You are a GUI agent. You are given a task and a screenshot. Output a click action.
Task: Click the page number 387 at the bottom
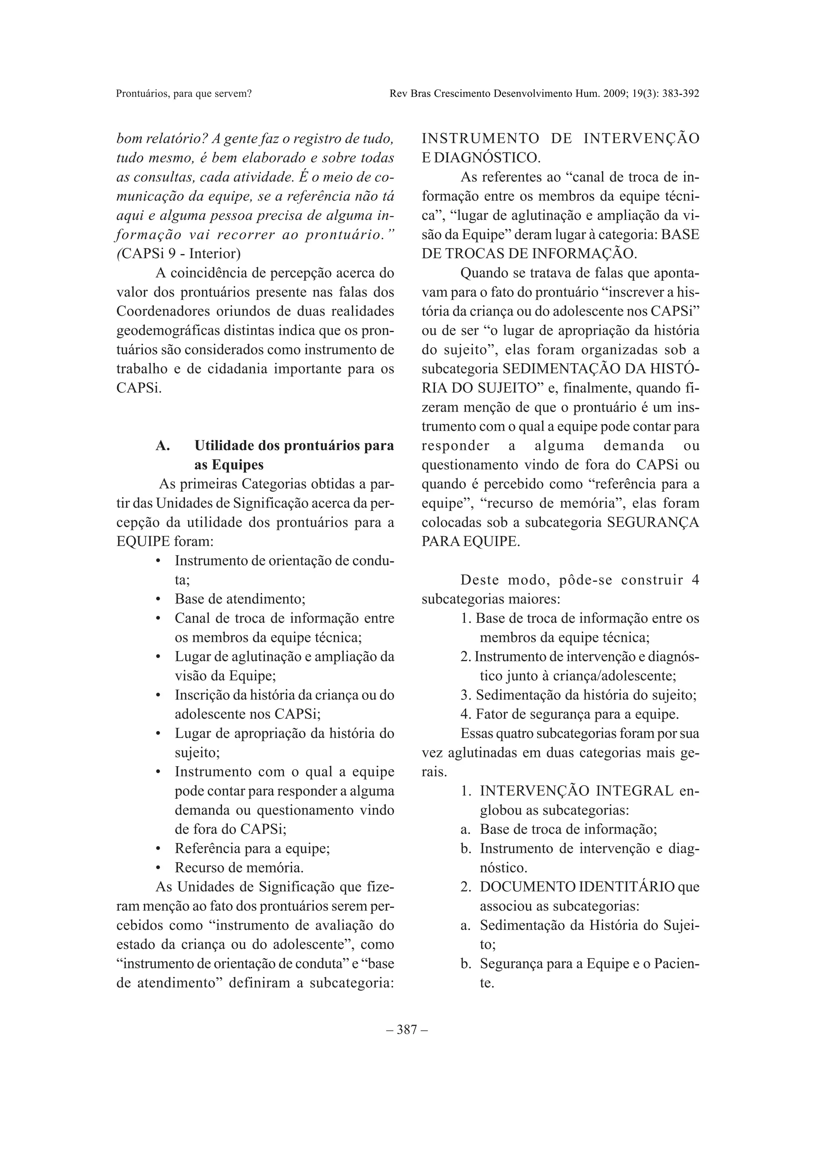[x=407, y=1030]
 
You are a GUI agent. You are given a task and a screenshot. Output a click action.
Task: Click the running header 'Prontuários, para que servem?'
[x=184, y=94]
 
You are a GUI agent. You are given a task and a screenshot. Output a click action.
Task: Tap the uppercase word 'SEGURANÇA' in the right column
[x=653, y=522]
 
